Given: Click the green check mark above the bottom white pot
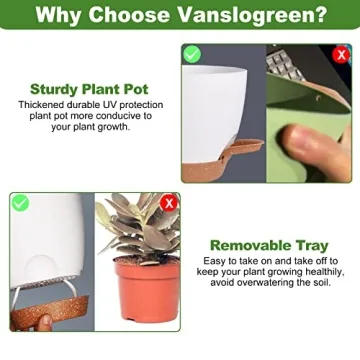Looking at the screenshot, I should (20, 203).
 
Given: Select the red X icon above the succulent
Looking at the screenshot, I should (169, 203).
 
